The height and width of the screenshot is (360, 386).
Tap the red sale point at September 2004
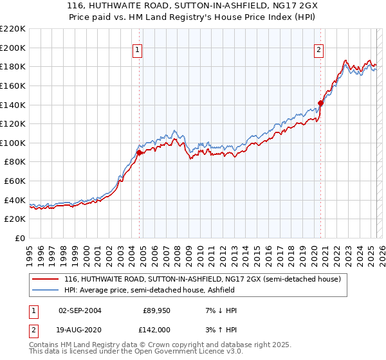point(139,152)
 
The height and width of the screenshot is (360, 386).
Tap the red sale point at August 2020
point(320,102)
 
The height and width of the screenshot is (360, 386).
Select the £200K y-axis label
point(13,48)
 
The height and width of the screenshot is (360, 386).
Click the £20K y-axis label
point(15,219)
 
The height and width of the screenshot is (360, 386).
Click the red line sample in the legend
point(46,279)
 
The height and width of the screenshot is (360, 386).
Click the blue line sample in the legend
point(46,291)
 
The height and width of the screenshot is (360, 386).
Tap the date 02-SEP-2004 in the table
point(79,310)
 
